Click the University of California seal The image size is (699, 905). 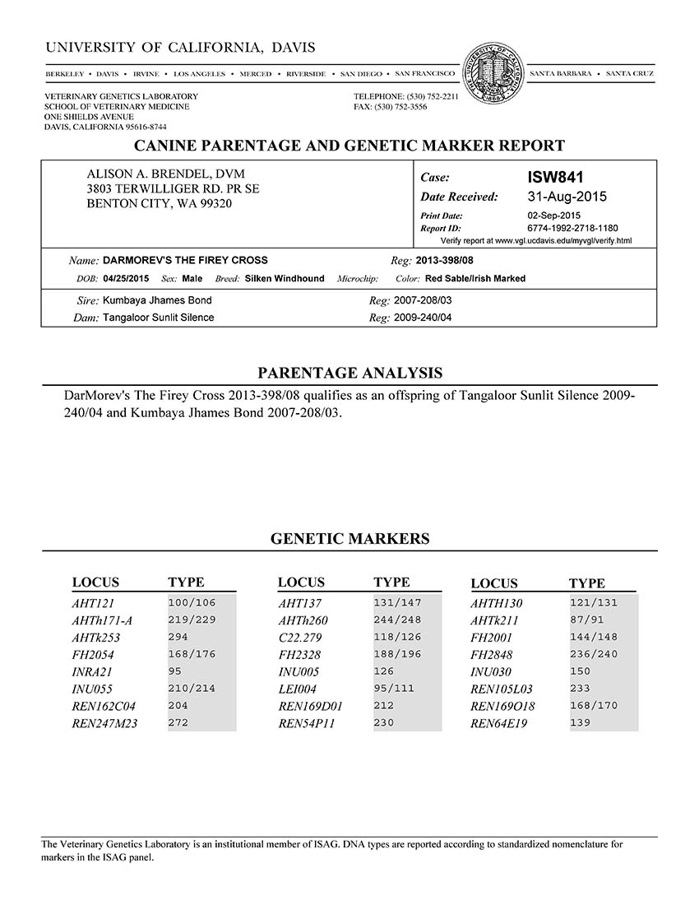pos(493,72)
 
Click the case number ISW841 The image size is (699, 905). pos(554,177)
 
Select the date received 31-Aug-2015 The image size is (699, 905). pos(566,197)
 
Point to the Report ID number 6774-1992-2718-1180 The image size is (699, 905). pos(572,228)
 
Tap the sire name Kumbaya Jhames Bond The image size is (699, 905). pos(157,300)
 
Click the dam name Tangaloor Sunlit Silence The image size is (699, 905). pos(158,318)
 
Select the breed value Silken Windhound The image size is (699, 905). pos(285,279)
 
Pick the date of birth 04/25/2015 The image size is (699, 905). pos(127,279)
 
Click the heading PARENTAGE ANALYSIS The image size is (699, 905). pos(349,373)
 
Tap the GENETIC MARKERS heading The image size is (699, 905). pos(349,540)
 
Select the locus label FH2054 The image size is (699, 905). pos(92,655)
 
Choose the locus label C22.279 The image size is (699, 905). pos(300,638)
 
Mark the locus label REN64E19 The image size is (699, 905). pos(499,724)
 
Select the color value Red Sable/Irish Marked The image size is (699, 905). pos(475,279)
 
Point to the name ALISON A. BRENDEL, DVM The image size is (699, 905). pos(166,174)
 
